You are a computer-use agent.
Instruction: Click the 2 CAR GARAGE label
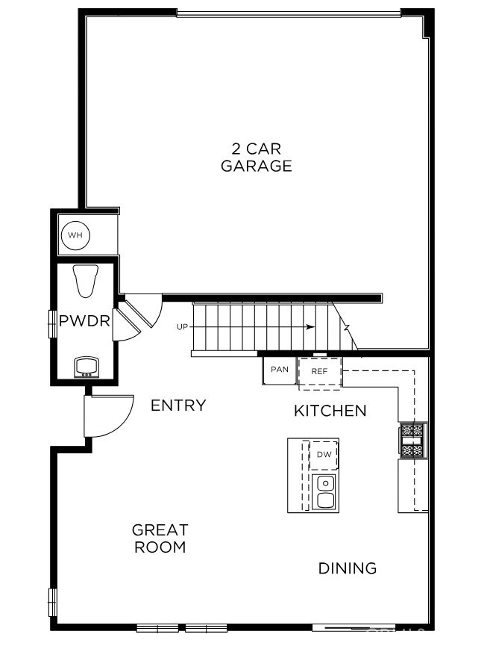pos(256,158)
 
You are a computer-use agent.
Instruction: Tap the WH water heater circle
pos(75,236)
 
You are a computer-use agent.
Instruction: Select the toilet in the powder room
pos(87,280)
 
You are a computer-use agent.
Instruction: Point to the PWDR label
pos(85,322)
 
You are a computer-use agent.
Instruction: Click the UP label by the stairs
pos(182,327)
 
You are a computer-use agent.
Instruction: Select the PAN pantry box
pos(280,370)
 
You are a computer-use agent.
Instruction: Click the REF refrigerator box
pos(319,371)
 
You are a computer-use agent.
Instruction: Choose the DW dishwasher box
pos(324,455)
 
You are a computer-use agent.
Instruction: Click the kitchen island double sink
pos(325,491)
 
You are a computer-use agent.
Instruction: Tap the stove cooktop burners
pos(412,440)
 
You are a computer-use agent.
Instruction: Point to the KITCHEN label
pos(330,411)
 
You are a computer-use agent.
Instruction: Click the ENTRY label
pos(178,406)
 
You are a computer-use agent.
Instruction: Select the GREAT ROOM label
pos(160,538)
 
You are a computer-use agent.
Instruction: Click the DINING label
pos(348,568)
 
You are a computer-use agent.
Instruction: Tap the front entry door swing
pos(108,417)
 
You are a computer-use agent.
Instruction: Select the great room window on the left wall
pos(53,602)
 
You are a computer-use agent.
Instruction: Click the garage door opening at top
pos(289,13)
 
